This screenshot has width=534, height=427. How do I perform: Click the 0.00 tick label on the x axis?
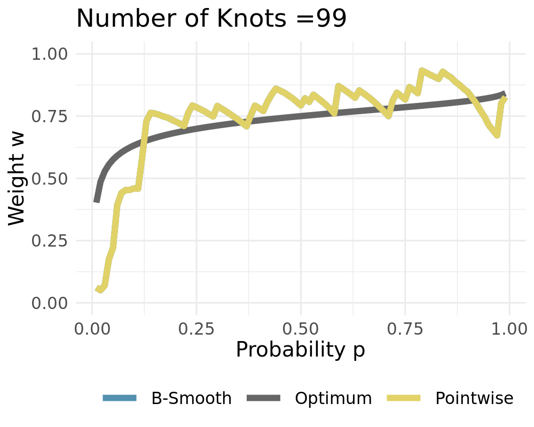point(92,327)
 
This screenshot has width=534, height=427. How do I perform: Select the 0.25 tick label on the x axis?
point(197,327)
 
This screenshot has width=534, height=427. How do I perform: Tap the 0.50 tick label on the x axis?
point(301,327)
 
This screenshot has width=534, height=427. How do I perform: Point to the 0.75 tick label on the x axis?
point(405,327)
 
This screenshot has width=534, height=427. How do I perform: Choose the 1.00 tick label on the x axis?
point(509,327)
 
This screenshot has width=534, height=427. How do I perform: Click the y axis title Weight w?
point(18,179)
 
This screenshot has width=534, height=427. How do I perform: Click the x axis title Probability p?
point(301,350)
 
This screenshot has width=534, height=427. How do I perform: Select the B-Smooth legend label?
point(192,398)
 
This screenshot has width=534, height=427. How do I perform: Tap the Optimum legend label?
point(333,398)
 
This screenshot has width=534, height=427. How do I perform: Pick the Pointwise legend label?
point(474,398)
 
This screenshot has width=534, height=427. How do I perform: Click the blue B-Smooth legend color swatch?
point(120,398)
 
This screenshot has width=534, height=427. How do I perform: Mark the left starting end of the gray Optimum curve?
point(97,201)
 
